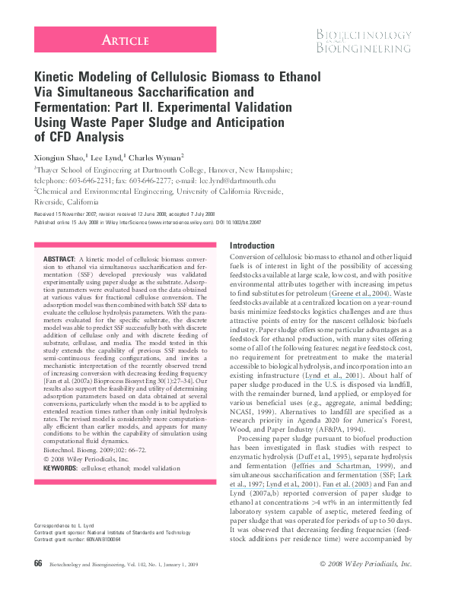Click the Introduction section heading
tap(252, 246)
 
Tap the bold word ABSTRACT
tap(59, 260)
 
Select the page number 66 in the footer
tap(38, 585)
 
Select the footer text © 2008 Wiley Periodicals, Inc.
tap(365, 585)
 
